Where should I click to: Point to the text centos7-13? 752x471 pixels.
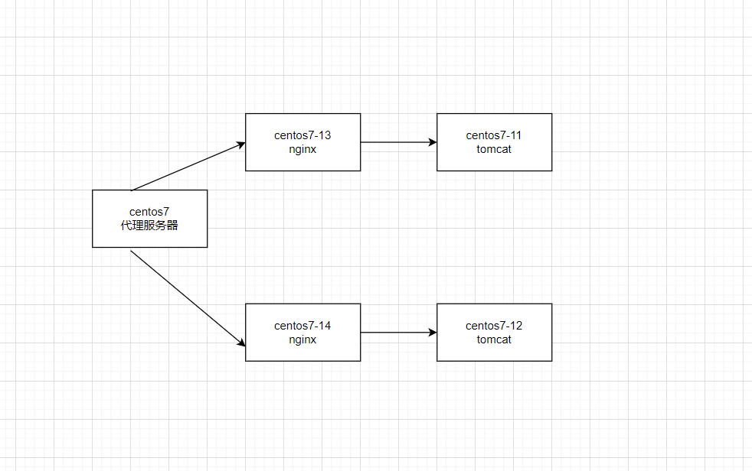coord(302,135)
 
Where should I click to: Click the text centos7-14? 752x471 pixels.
coord(302,326)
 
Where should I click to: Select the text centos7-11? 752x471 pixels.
coord(494,135)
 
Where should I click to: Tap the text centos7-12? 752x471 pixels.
coord(494,326)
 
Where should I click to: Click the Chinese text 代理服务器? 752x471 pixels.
coord(149,226)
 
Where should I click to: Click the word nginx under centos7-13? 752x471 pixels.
coord(302,149)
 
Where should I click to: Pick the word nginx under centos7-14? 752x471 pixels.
coord(302,339)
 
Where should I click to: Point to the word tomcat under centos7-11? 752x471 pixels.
coord(494,149)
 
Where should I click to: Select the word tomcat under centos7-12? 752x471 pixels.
coord(494,339)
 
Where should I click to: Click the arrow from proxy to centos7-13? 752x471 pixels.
coord(188,166)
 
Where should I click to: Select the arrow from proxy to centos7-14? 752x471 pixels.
coord(188,299)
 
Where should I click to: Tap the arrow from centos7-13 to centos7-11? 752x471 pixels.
coord(398,142)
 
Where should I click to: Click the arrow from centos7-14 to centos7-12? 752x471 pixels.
coord(398,333)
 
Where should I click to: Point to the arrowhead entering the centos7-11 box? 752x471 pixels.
coord(433,142)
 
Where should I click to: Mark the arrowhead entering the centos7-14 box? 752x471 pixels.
coord(241,344)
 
